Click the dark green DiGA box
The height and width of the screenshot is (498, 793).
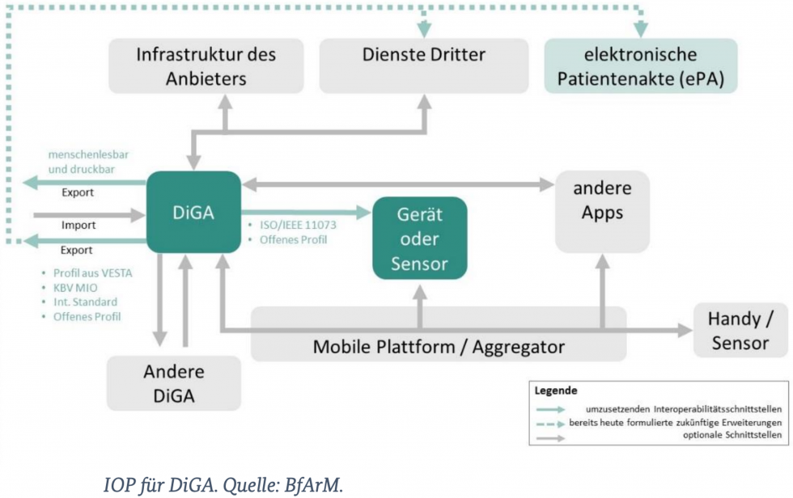coord(193,212)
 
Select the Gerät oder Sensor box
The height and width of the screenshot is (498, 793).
coord(419,238)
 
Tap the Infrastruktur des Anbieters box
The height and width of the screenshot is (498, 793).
coord(206,66)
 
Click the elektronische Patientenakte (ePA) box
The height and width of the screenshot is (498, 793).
coord(640,66)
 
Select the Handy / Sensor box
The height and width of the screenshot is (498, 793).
coord(740,331)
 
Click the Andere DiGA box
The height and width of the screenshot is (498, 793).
coord(173,383)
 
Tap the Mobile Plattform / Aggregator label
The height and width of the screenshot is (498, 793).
coord(439,347)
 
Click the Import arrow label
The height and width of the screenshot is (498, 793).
coord(78,225)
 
